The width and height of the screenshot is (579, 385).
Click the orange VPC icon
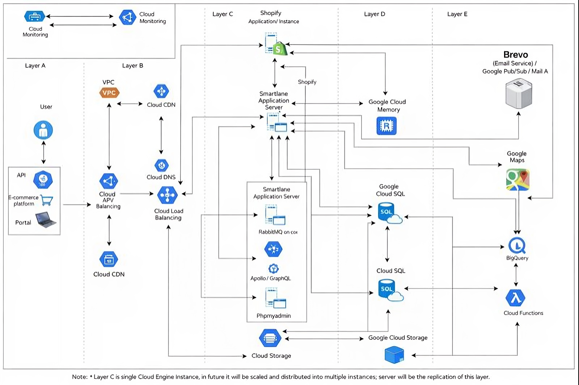(109, 93)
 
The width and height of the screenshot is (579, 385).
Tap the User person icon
(43, 130)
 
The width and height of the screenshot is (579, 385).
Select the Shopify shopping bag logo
(279, 48)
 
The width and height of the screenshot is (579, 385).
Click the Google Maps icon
(517, 179)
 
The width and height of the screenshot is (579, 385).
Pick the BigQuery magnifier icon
(517, 246)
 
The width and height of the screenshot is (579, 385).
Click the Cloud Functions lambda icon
(515, 298)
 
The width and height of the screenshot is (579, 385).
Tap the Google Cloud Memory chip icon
(386, 126)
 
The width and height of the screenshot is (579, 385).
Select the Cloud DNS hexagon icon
(161, 166)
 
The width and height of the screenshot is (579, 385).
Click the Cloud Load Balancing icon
(168, 195)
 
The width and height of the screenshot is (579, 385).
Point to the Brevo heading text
(515, 55)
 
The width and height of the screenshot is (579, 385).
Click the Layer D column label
(375, 14)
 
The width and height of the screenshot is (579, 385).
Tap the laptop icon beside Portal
(46, 220)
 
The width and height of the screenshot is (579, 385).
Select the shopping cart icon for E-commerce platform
(47, 200)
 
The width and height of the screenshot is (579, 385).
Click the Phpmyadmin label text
(274, 316)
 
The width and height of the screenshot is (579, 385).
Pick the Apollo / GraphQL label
(271, 278)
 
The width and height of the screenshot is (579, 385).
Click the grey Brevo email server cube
(519, 94)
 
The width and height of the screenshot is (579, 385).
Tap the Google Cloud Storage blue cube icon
(394, 355)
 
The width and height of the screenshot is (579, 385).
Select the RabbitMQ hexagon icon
(273, 249)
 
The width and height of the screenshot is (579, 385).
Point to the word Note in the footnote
(79, 377)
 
